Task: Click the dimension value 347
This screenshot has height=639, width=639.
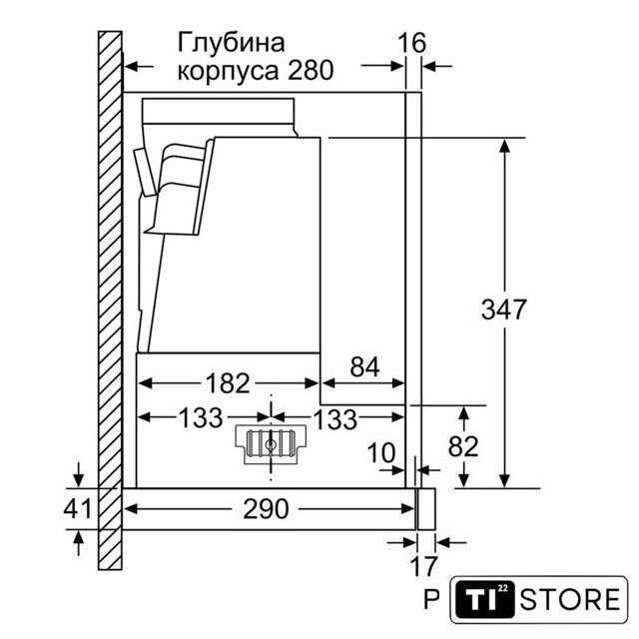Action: [x=503, y=310]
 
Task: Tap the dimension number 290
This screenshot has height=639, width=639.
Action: [x=266, y=509]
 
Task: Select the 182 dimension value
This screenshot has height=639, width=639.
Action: [x=228, y=383]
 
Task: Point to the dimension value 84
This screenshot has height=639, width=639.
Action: [x=364, y=366]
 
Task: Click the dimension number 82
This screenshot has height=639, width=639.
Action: [x=463, y=446]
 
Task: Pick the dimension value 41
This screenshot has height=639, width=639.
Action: [x=78, y=508]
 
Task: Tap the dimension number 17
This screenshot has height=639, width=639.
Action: [x=423, y=566]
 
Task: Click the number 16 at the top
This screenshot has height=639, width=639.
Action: [x=411, y=43]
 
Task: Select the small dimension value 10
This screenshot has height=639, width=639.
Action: [x=381, y=452]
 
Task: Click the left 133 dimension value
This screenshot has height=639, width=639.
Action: [x=201, y=418]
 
